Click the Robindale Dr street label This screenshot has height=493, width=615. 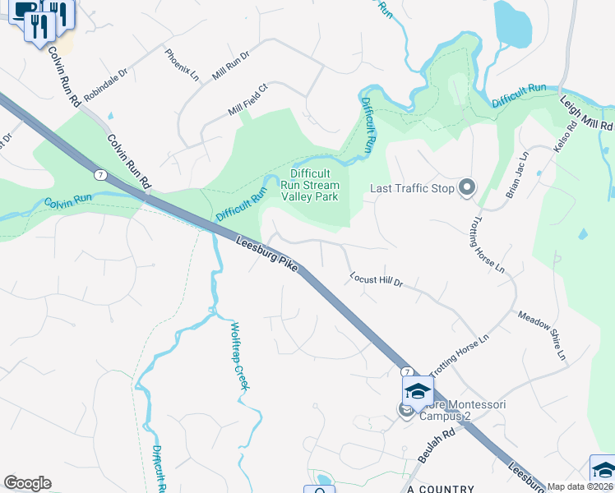pos(106,85)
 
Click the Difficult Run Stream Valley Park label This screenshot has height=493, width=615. pos(310,185)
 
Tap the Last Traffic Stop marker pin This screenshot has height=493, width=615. pos(467,188)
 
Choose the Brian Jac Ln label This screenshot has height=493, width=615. pos(517,173)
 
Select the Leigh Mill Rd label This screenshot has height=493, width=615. pos(587,114)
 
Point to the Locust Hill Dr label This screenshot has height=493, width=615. pos(376,280)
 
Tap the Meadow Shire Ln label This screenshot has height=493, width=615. pos(543,335)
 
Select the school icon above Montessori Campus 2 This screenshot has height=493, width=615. pos(417,391)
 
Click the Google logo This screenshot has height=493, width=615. pos(27,483)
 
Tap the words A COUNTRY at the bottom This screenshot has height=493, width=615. pos(442,488)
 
